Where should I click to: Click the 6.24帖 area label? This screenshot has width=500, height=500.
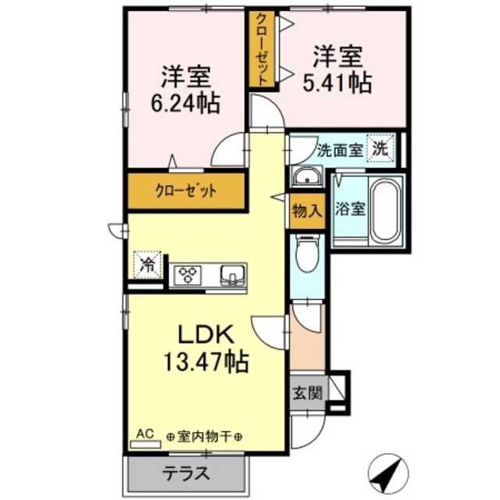[x=184, y=102]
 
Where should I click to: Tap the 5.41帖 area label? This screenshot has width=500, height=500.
[x=338, y=80]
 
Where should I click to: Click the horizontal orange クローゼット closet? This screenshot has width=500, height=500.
[x=186, y=190]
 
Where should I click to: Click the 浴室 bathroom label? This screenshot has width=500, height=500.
[x=348, y=209]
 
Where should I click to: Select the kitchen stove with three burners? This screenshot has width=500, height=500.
[x=188, y=274]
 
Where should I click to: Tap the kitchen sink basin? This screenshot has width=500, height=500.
[x=232, y=274]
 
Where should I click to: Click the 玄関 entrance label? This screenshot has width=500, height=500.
[x=308, y=393]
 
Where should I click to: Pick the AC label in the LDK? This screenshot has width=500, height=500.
[x=145, y=431]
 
